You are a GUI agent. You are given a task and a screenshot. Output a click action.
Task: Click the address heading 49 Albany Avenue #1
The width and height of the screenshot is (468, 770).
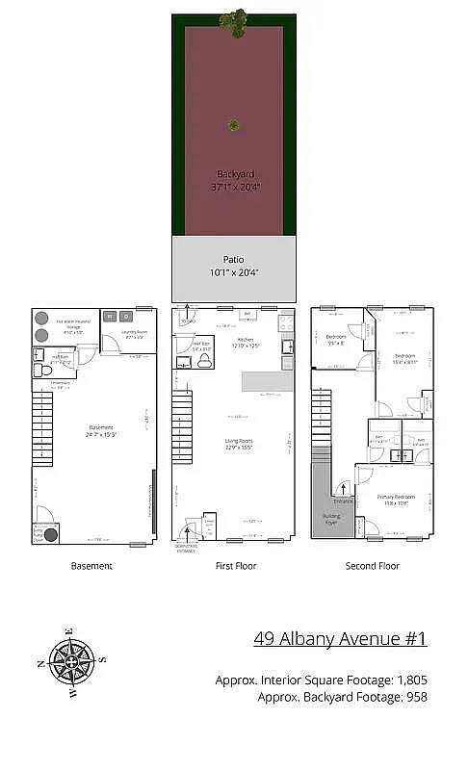pyautogui.click(x=340, y=638)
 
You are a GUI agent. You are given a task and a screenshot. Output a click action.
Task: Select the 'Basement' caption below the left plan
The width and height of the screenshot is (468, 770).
pyautogui.click(x=91, y=566)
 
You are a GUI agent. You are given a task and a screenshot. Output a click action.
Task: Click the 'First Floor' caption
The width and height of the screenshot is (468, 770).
pyautogui.click(x=234, y=566)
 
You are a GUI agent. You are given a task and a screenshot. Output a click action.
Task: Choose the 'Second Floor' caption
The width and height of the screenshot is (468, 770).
pyautogui.click(x=373, y=566)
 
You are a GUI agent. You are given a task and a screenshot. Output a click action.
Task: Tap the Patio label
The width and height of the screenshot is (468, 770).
pyautogui.click(x=234, y=259)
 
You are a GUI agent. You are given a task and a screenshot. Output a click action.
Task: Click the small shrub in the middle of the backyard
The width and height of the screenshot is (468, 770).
pyautogui.click(x=233, y=124)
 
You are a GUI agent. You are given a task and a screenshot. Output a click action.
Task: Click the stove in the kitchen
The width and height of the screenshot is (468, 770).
pyautogui.click(x=285, y=346)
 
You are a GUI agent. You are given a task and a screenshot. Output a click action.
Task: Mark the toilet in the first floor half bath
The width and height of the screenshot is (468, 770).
pyautogui.click(x=204, y=363)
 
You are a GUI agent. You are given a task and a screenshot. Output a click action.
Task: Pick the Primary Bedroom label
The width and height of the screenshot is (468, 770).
pyautogui.click(x=394, y=499)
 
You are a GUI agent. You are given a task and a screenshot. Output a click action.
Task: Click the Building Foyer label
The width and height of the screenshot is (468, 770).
pyautogui.click(x=329, y=520)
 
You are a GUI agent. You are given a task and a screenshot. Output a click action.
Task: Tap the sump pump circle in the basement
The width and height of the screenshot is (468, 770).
pyautogui.click(x=51, y=535)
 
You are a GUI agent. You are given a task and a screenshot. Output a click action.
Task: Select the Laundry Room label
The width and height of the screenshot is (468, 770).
pyautogui.click(x=134, y=336)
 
